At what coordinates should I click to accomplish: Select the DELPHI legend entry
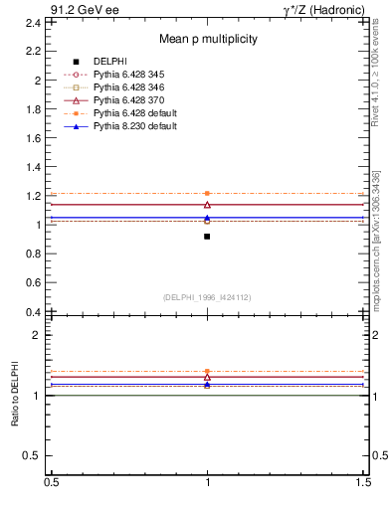click(109, 62)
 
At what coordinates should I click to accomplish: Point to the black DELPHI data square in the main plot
click(207, 237)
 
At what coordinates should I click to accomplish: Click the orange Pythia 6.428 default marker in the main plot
click(207, 193)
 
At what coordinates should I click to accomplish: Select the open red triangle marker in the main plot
click(207, 204)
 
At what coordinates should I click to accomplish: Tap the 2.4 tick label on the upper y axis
click(33, 21)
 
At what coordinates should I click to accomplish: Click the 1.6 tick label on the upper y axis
click(33, 137)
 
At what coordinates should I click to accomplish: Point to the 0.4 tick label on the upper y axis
click(33, 312)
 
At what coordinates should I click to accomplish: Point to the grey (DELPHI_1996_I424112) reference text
click(207, 296)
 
